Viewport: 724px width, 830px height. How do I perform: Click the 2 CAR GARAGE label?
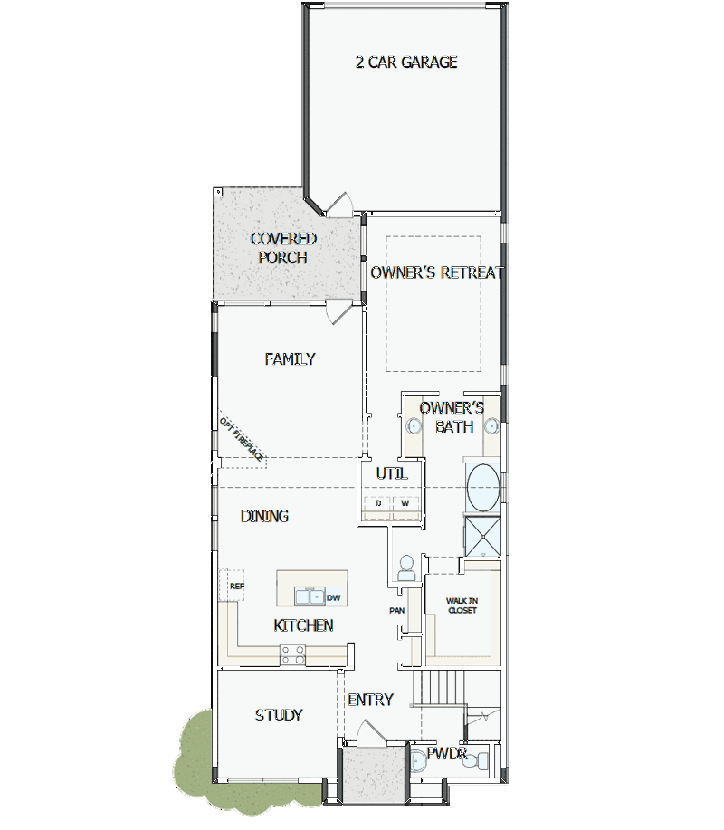tap(406, 62)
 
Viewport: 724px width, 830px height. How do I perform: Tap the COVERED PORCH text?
tap(283, 248)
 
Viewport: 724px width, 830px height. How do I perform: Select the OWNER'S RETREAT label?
tap(436, 272)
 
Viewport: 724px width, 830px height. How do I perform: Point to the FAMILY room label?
tap(290, 359)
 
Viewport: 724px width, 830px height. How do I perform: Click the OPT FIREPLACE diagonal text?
tap(242, 439)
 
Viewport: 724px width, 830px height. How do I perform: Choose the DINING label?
tap(264, 516)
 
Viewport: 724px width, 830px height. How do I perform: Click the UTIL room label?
tap(392, 473)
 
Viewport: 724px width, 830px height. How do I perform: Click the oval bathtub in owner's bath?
tap(483, 487)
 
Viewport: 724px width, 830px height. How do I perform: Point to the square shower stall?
tap(482, 536)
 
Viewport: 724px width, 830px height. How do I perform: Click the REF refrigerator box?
tap(233, 585)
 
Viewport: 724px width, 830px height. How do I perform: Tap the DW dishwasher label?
tap(333, 597)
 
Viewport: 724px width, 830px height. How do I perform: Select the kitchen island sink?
tap(310, 596)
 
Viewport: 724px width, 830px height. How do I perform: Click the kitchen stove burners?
tap(292, 654)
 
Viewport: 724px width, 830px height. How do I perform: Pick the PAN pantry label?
tap(397, 610)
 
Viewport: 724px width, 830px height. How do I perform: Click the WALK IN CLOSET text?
tap(462, 606)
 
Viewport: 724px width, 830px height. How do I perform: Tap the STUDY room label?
tap(279, 715)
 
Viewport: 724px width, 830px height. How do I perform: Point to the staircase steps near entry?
tap(439, 687)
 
